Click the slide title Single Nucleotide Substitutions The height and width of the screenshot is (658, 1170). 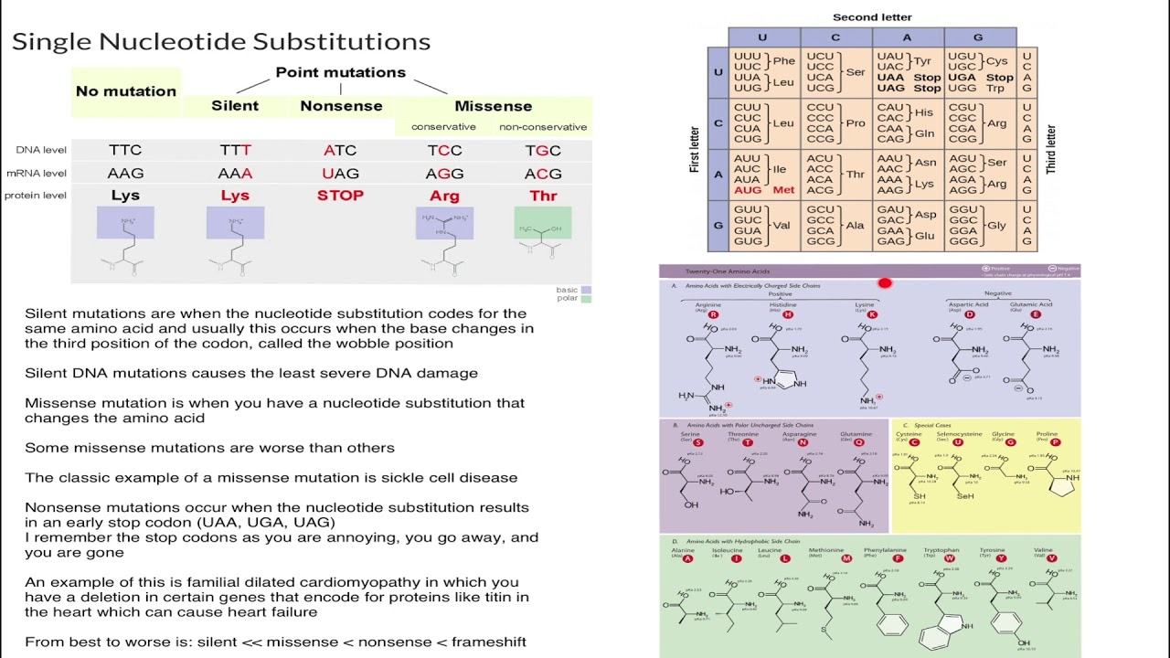[220, 42]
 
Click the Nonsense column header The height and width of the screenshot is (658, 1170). [341, 106]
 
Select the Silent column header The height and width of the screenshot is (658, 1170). [235, 106]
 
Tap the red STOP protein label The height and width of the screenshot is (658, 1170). [340, 196]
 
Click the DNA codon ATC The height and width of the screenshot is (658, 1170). [340, 151]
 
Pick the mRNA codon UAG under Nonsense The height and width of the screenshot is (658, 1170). [340, 174]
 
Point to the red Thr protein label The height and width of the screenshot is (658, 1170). [543, 196]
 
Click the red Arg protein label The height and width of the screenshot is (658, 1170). [444, 196]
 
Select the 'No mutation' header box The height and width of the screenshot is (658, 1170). [126, 91]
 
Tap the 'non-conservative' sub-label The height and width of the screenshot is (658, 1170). [543, 127]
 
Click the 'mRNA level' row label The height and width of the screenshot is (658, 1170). [37, 174]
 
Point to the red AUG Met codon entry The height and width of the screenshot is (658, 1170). [764, 190]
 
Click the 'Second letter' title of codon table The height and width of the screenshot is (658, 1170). [872, 17]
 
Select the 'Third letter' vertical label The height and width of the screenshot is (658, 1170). [1051, 150]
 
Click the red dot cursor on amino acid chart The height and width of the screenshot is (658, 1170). [885, 283]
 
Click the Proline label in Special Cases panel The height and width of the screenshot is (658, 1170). [1047, 434]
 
